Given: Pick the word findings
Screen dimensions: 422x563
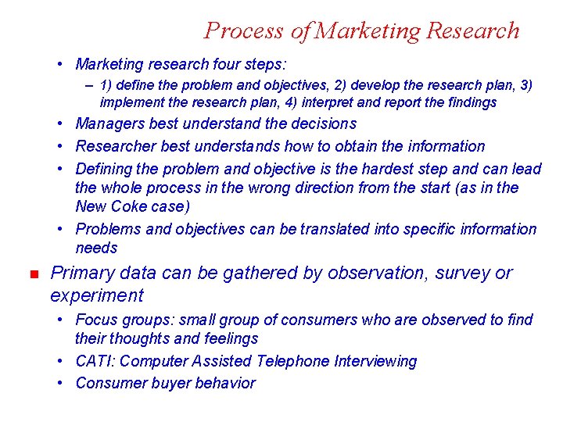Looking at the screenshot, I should (x=471, y=102).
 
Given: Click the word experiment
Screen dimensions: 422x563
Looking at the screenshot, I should (x=96, y=296).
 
